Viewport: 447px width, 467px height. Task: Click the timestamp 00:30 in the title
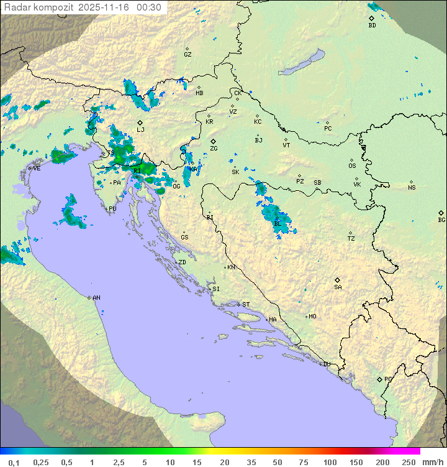coord(149,7)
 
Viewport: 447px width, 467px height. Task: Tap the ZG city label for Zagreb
coord(214,149)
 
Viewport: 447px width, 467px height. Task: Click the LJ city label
coord(140,130)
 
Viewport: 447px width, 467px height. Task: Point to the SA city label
coord(338,287)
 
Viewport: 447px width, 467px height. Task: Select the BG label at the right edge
coord(441,220)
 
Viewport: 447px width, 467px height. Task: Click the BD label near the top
coord(372,25)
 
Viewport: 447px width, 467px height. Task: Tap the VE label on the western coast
coord(37,169)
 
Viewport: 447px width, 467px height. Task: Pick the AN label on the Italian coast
coord(96,298)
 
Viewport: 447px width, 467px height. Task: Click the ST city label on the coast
coord(246,305)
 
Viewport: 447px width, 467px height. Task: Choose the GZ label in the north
coord(187,55)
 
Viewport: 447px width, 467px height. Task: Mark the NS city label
coord(412,188)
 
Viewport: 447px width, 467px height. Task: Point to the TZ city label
coord(351,239)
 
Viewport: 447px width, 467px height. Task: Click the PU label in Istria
coord(112,209)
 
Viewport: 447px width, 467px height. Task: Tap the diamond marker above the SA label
coord(338,280)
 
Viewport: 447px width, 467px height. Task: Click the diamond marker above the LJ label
coord(140,123)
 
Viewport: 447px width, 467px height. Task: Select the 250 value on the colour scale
coord(409,462)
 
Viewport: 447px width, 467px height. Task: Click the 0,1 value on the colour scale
coord(14,462)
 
